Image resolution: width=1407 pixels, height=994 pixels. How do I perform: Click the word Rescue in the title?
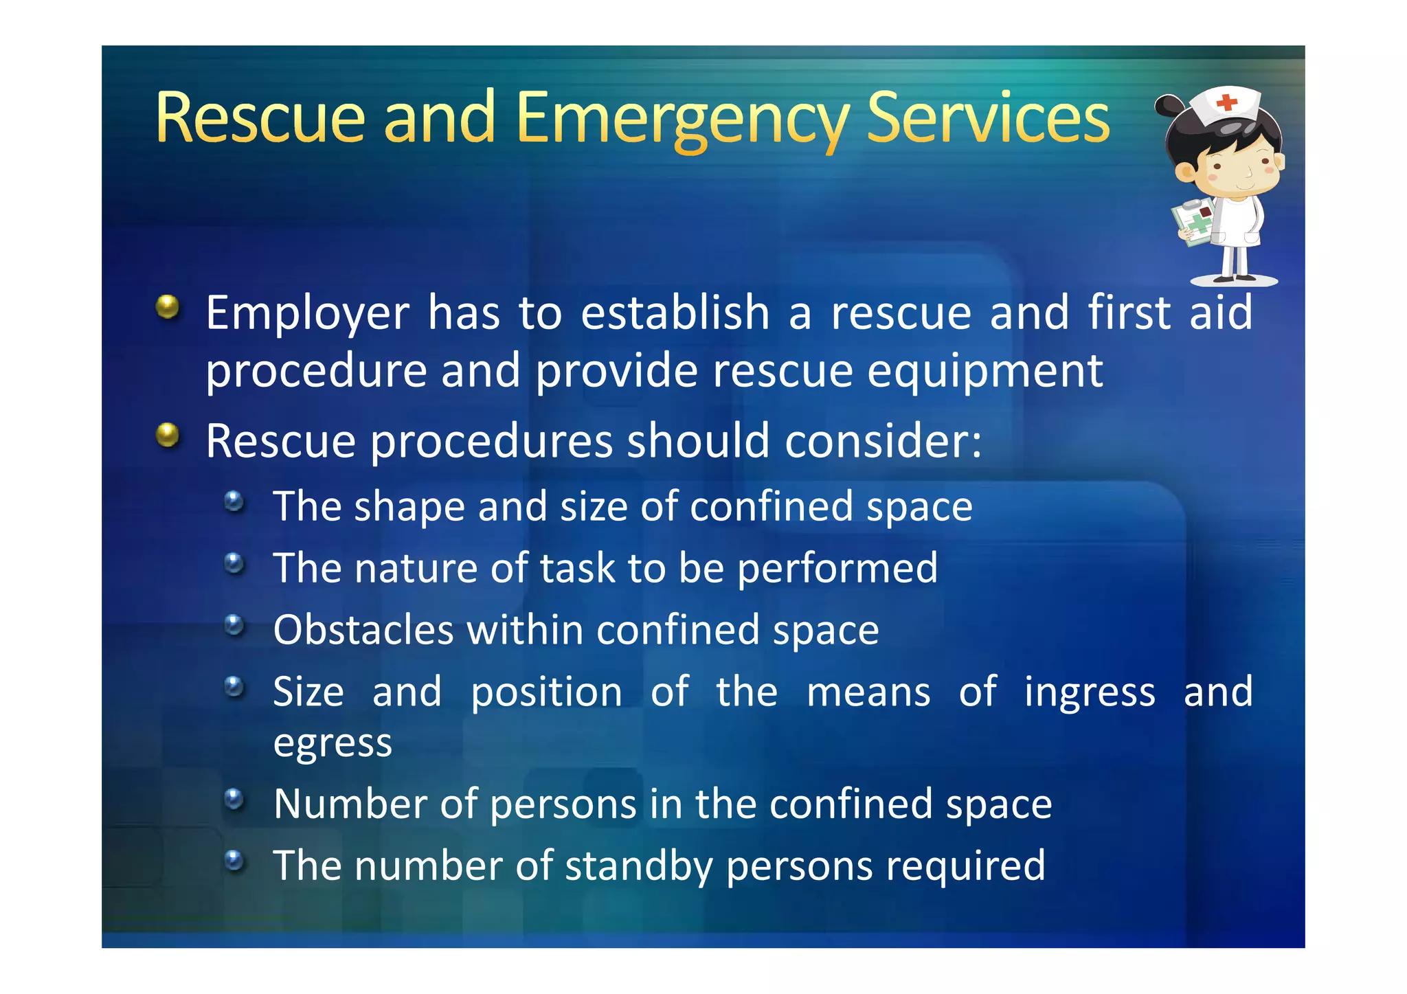click(x=260, y=118)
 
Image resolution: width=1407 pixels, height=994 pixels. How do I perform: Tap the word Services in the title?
click(x=988, y=118)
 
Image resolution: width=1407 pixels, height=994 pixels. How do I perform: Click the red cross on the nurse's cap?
click(x=1226, y=103)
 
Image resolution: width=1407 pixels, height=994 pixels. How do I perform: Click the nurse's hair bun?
click(x=1169, y=106)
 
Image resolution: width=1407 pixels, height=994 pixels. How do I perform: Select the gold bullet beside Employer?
click(x=168, y=306)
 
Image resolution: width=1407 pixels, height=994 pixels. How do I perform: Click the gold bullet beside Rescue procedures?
click(x=168, y=434)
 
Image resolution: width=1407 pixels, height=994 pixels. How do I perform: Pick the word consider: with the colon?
click(x=883, y=441)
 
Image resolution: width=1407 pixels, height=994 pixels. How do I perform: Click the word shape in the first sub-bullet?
click(x=409, y=508)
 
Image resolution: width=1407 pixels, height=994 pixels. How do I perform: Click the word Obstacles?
click(x=363, y=630)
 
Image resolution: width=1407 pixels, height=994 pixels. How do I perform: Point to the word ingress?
click(x=1090, y=692)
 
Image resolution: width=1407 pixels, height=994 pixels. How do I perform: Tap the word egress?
click(x=333, y=744)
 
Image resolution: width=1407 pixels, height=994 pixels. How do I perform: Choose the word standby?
click(x=638, y=866)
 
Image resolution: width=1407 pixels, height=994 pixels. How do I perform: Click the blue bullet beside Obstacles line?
click(x=234, y=625)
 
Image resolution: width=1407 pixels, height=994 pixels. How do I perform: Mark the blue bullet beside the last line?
click(x=234, y=860)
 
